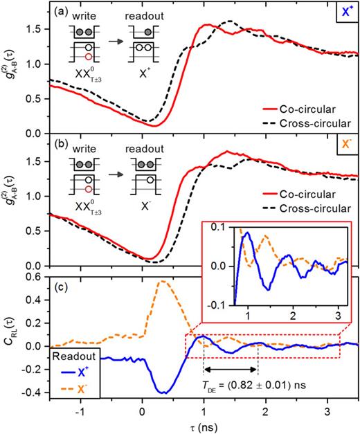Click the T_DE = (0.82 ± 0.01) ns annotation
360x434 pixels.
[260, 383]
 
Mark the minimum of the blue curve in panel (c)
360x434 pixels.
[163, 392]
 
